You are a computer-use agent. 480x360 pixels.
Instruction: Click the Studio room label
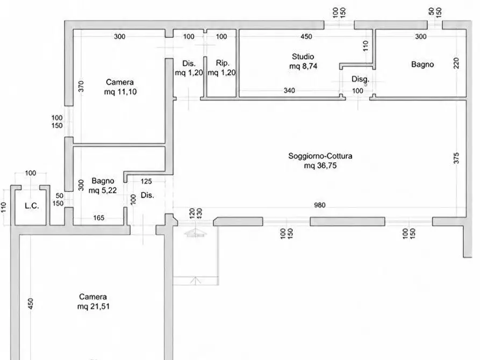pos(303,56)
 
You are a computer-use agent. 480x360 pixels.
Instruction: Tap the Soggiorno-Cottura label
pos(320,156)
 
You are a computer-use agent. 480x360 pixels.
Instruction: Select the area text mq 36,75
pos(320,165)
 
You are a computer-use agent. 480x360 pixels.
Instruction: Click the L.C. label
pos(32,206)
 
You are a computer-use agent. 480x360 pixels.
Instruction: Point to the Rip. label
pos(222,63)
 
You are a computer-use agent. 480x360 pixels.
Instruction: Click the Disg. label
pos(360,80)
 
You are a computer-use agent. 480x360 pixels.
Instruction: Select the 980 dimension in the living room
pos(320,205)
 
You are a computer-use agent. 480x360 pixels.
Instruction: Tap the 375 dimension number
pos(456,158)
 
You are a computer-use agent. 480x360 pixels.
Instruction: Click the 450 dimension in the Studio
pos(306,37)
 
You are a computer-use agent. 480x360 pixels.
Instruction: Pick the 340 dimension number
pos(289,90)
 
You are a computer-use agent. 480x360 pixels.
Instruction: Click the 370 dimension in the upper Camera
pos(81,87)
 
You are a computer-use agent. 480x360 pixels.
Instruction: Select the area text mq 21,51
pos(94,306)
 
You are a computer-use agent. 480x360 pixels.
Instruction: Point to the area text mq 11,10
pos(120,92)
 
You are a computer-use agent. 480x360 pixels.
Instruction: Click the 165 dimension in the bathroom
pos(98,218)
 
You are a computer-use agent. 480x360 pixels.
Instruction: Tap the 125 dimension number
pos(146,182)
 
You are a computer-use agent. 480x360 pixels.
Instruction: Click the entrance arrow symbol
pos(195,233)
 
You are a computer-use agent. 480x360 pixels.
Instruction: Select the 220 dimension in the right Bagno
pos(456,63)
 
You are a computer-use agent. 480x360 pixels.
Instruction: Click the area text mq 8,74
pos(303,66)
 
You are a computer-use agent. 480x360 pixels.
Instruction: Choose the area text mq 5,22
pos(103,190)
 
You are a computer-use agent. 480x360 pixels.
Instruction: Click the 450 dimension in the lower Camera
pos(30,304)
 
